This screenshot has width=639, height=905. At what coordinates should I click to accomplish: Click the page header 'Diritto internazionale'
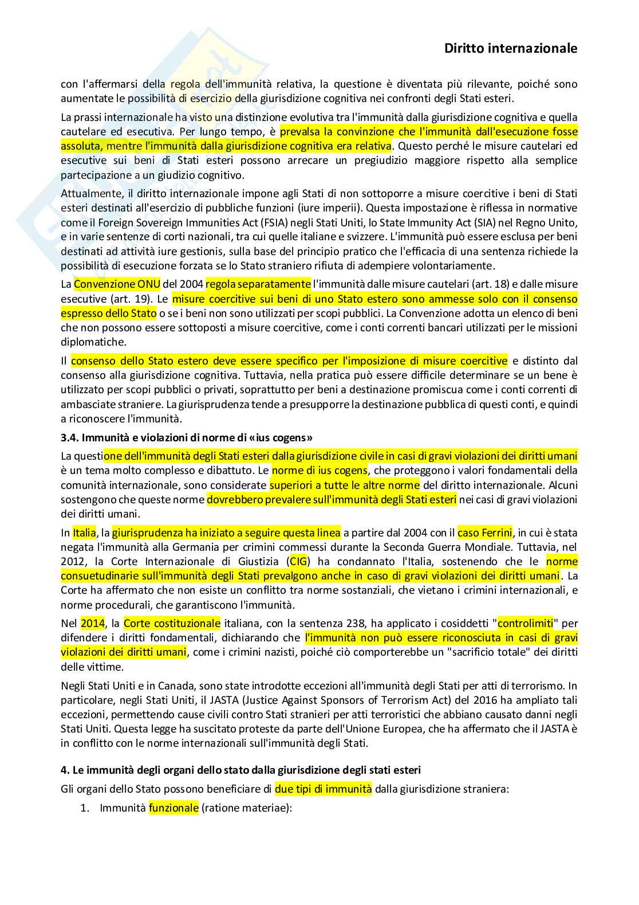pyautogui.click(x=510, y=49)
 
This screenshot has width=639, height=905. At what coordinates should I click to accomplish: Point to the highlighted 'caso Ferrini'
pyautogui.click(x=484, y=533)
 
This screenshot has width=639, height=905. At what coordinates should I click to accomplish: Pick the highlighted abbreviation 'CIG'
pyautogui.click(x=298, y=562)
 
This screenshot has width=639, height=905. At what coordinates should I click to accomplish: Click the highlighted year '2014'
pyautogui.click(x=93, y=624)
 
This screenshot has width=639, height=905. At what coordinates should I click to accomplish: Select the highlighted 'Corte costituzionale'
pyautogui.click(x=172, y=624)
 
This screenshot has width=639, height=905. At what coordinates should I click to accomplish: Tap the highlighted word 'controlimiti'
pyautogui.click(x=525, y=624)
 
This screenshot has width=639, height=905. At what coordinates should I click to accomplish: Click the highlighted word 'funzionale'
pyautogui.click(x=173, y=808)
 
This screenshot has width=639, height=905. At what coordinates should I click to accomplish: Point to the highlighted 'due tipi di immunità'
pyautogui.click(x=323, y=789)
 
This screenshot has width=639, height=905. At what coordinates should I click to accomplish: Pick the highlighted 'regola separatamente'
pyautogui.click(x=258, y=284)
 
